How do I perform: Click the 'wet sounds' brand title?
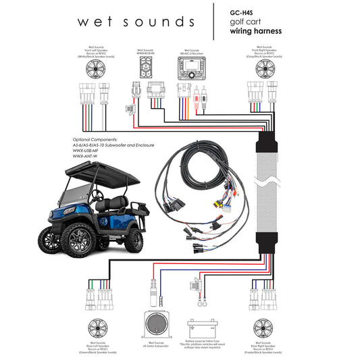136,21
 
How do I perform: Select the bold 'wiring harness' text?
256,31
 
